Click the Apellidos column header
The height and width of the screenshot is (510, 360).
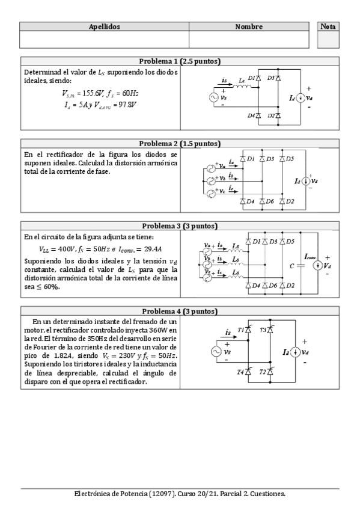coord(105,27)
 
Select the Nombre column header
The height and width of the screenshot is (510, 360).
coord(249,27)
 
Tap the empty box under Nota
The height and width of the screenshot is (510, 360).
coord(328,40)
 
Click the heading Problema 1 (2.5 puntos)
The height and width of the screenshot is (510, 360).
coord(180,61)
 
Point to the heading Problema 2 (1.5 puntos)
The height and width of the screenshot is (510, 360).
coord(180,144)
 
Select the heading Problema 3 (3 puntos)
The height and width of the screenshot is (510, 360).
coord(180,226)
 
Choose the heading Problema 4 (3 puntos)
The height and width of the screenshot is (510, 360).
coord(180,312)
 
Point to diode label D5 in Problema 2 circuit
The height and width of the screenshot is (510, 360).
coord(290,159)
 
